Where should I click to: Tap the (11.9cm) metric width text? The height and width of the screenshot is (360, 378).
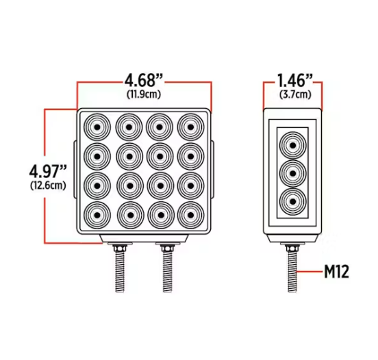coord(144,92)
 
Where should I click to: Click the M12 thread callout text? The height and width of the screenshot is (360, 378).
coord(337,272)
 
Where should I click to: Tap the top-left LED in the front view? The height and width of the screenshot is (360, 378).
coord(97,126)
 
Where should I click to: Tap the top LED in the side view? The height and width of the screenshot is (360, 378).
coord(292,146)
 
